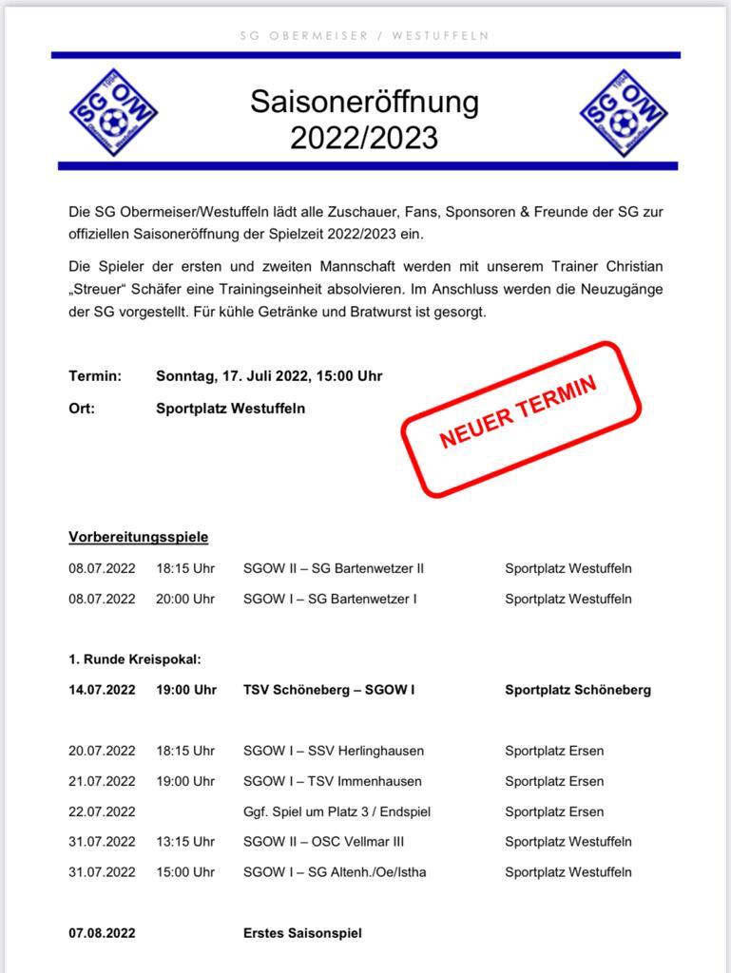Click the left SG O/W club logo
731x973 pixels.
[x=113, y=112]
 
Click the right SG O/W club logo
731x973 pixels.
[x=619, y=112]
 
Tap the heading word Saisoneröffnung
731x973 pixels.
[x=364, y=102]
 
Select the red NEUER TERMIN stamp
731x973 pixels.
[x=521, y=418]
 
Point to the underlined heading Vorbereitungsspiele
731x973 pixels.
[x=138, y=537]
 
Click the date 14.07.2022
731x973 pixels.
[x=102, y=690]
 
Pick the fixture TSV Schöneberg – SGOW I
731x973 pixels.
[x=329, y=690]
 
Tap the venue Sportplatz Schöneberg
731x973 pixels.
[x=577, y=690]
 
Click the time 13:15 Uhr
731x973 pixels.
[x=185, y=842]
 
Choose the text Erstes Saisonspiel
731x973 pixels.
[x=302, y=933]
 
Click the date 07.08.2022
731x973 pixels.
[x=102, y=933]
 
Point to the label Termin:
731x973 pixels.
[x=95, y=375]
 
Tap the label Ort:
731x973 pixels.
[x=82, y=409]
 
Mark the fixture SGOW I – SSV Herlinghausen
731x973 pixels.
[x=333, y=751]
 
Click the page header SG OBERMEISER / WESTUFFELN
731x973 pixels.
[x=365, y=35]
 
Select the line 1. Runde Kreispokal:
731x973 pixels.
[x=135, y=659]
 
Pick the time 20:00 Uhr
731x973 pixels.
[x=185, y=599]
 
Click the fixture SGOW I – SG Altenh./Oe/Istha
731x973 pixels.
[x=335, y=872]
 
